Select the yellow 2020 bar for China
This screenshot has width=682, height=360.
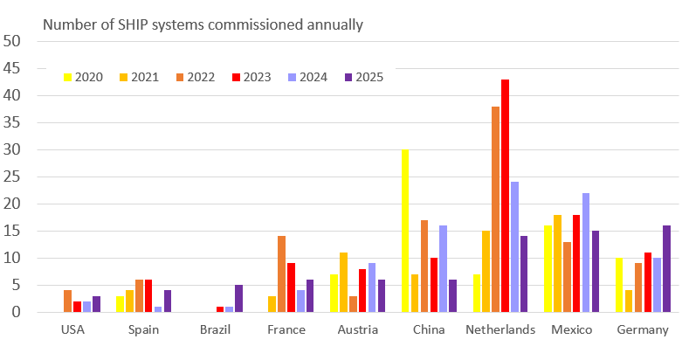coord(405,231)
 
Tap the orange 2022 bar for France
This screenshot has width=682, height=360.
coord(282,273)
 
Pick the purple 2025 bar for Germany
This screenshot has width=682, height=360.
coord(666,268)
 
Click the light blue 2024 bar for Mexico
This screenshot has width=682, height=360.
coord(585,253)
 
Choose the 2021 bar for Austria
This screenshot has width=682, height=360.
coord(343,282)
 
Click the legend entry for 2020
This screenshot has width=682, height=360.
coord(83,77)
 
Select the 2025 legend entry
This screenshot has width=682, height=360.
coord(362,77)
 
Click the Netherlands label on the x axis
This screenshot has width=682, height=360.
coord(501,330)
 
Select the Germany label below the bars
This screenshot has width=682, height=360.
coord(643,330)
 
